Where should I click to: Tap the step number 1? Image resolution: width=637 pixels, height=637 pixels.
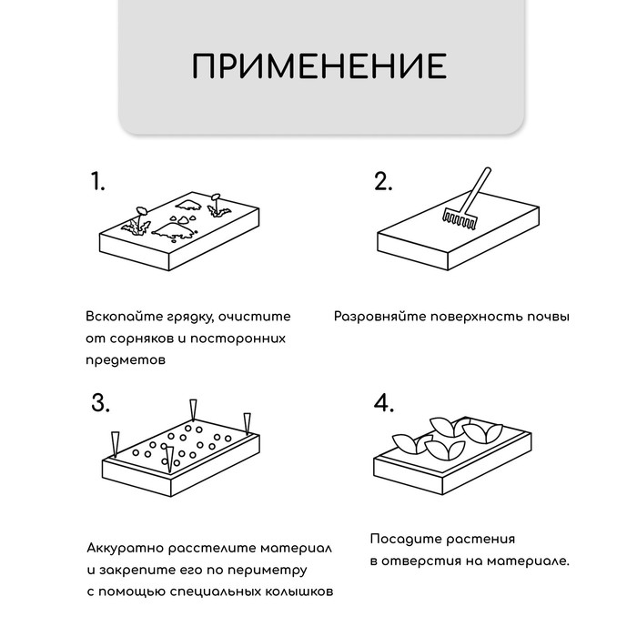pyautogui.click(x=98, y=181)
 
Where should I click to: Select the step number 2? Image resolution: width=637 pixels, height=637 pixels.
pyautogui.click(x=383, y=181)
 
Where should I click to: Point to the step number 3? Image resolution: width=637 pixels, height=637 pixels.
pyautogui.click(x=101, y=403)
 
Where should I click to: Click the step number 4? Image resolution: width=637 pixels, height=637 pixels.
pyautogui.click(x=384, y=403)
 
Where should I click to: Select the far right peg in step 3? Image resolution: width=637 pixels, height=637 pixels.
pyautogui.click(x=246, y=422)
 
